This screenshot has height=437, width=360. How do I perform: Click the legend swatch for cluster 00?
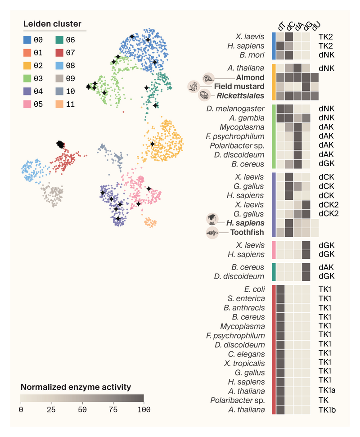coord(28,40)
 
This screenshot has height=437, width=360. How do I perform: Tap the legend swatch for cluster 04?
coord(28,91)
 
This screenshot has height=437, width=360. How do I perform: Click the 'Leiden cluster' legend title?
coord(52,24)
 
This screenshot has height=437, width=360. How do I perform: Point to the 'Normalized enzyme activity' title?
coord(76,387)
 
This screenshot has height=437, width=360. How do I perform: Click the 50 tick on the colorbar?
coord(82,410)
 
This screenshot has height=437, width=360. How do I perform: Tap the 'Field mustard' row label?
coord(239,86)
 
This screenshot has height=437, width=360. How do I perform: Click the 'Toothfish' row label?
coord(247,233)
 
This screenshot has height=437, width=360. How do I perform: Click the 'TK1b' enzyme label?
coord(327,410)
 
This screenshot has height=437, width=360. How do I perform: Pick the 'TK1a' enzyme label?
coord(327,391)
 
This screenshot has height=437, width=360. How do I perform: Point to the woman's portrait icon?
coord(212,220)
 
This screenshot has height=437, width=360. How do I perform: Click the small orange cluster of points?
coord(150,223)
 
